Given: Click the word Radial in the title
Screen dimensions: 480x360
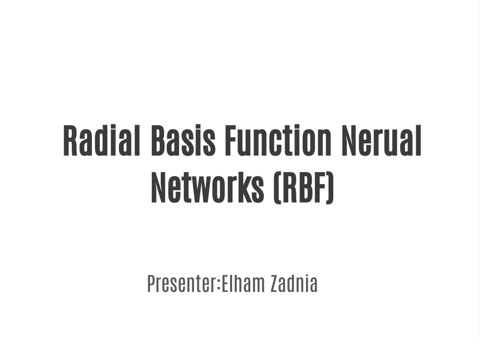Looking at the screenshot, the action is pyautogui.click(x=102, y=141).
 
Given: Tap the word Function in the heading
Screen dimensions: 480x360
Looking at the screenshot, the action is pyautogui.click(x=278, y=141).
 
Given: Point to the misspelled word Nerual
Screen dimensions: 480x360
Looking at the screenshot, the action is pyautogui.click(x=382, y=141).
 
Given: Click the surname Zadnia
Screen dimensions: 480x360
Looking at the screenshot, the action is pyautogui.click(x=294, y=284).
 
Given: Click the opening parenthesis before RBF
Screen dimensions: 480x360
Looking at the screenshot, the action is pyautogui.click(x=277, y=188).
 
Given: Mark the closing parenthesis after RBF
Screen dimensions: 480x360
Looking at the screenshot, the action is pyautogui.click(x=330, y=188).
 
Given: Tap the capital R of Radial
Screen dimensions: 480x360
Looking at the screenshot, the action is pyautogui.click(x=70, y=141).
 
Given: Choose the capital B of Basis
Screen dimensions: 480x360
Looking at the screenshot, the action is pyautogui.click(x=159, y=141).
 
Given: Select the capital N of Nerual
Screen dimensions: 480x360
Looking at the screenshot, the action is pyautogui.click(x=349, y=141).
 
